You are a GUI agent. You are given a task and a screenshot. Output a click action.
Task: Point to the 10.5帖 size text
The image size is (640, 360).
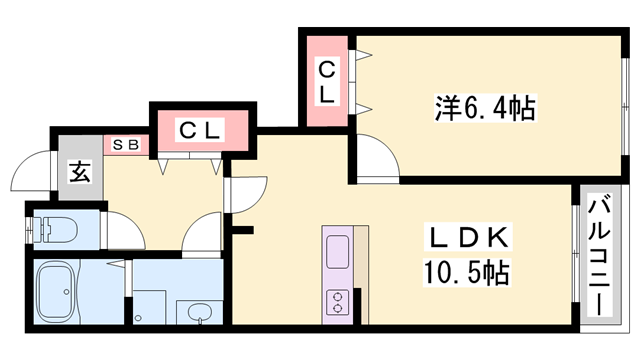tap(469, 272)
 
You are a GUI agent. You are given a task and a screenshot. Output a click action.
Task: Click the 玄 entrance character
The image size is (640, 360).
tap(80, 171)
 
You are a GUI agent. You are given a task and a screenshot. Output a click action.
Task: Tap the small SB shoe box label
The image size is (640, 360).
tap(126, 144)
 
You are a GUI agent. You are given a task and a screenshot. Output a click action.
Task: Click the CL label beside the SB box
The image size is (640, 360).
tap(200, 129)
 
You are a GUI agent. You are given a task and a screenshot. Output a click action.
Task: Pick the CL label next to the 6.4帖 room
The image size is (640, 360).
tap(327, 81)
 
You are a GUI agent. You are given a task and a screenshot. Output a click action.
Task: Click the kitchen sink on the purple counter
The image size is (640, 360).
tap(337, 250)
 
